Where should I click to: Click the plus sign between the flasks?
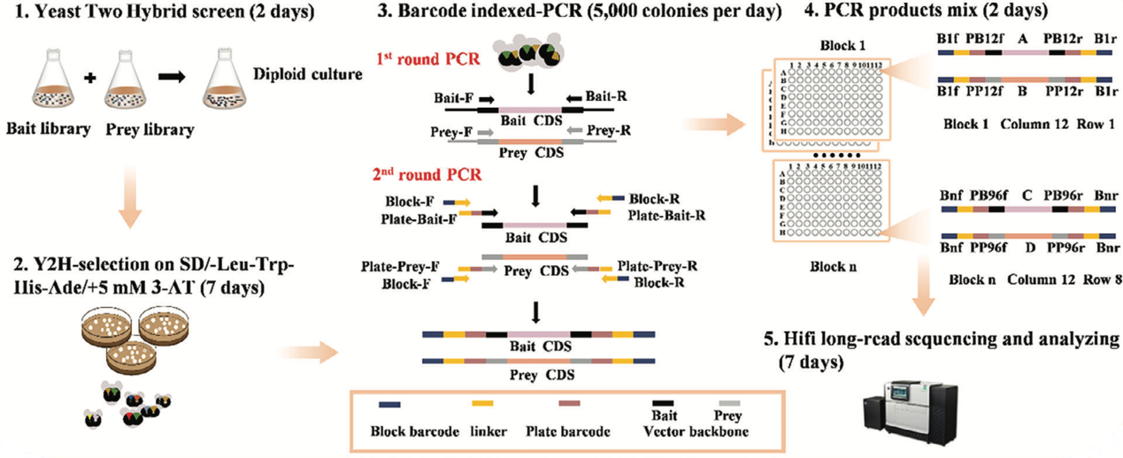pos(88,79)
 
